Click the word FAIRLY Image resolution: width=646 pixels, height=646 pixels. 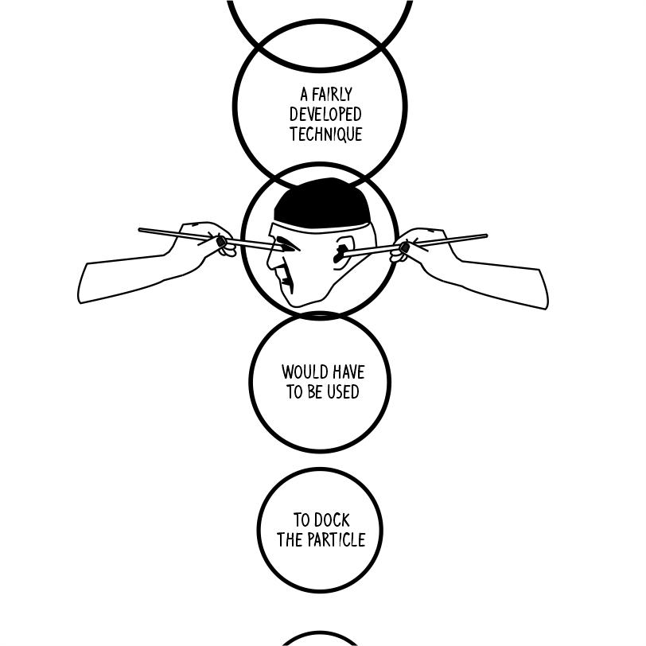pos(333,95)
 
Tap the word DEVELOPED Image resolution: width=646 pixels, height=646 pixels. pos(325,115)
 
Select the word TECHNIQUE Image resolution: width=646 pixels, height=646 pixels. pos(325,134)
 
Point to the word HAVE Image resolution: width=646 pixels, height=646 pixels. pos(347,372)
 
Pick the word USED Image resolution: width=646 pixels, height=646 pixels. pos(342,392)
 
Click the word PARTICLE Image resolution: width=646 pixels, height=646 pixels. pos(335,540)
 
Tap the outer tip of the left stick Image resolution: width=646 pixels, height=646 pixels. pos(140,230)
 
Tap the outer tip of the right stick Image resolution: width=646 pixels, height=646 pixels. pos(485,235)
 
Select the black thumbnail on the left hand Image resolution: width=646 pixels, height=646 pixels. pos(221,241)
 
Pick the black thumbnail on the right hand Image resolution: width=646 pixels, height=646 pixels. pos(404,248)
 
